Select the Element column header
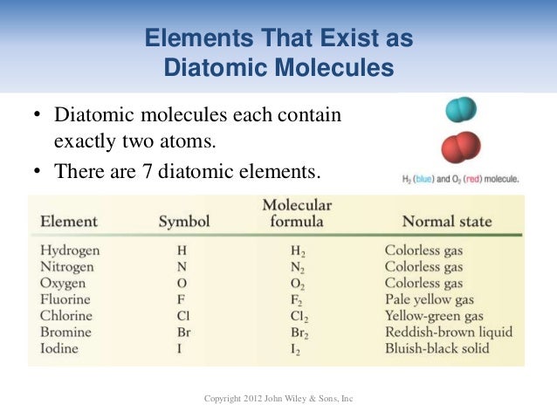(69, 222)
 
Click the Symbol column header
(183, 222)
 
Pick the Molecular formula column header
(297, 214)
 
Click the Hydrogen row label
(70, 250)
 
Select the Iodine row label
(59, 348)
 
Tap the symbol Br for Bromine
(182, 332)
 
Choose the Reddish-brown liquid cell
(449, 332)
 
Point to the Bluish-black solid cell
(437, 348)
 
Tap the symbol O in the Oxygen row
(182, 284)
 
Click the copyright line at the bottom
(278, 399)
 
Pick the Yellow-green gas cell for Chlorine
(433, 317)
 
